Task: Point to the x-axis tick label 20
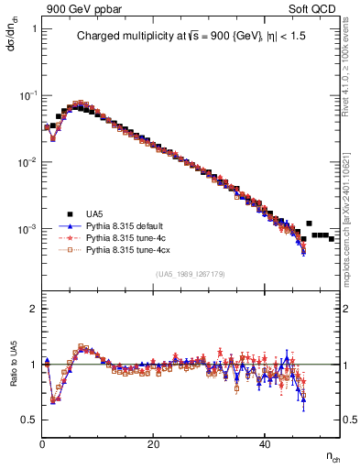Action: point(154,444)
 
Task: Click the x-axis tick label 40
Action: point(265,444)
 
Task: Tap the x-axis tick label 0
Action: point(42,444)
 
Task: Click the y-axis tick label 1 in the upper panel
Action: point(34,29)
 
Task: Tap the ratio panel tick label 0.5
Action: point(29,420)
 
